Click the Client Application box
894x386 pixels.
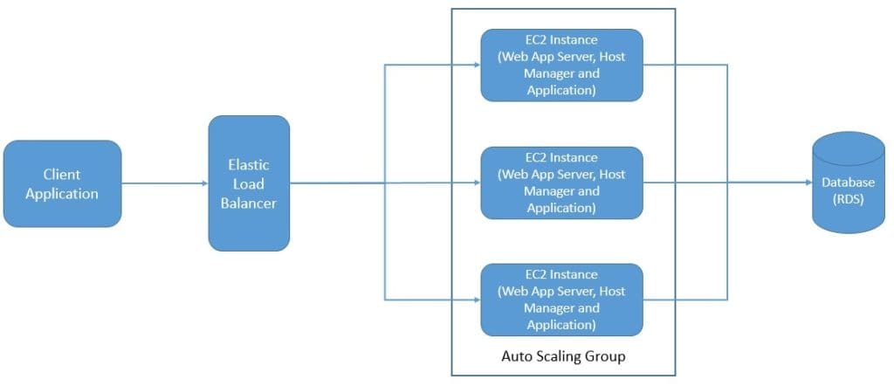coord(62,183)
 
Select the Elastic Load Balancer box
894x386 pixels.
coord(249,183)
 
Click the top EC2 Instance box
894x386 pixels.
coord(561,65)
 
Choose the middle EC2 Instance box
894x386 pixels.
coord(561,183)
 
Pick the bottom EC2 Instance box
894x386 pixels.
coord(561,300)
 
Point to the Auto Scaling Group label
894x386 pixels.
coord(563,356)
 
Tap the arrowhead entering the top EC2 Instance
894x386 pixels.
coord(475,65)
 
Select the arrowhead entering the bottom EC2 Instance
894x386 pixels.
coord(475,300)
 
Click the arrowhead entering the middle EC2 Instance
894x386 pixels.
coord(475,183)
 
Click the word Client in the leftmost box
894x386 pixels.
coord(62,175)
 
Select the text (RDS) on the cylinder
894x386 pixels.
coord(848,198)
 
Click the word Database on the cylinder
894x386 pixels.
coord(848,183)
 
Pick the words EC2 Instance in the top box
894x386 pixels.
coord(561,41)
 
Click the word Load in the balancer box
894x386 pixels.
coord(249,183)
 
